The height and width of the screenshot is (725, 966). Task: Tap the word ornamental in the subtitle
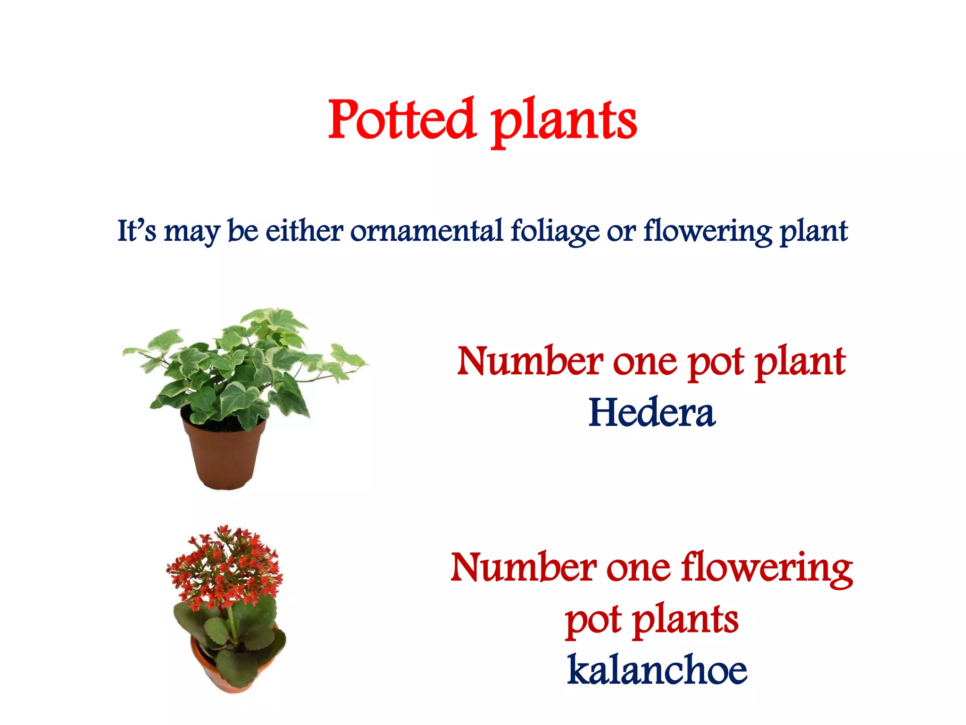426,231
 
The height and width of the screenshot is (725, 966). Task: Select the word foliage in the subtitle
555,232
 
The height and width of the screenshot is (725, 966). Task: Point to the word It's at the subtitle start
136,231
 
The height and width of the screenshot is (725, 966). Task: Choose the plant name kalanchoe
657,670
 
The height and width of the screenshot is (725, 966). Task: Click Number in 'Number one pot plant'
530,362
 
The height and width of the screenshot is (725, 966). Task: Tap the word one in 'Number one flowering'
638,568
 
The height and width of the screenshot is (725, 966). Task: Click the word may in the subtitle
192,232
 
